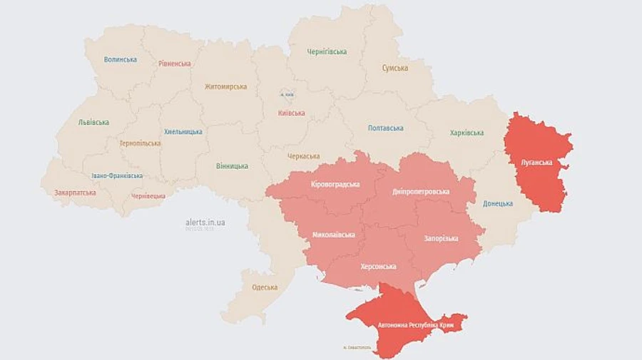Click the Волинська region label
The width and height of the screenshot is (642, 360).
click(x=120, y=60)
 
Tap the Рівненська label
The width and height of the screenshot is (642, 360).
click(x=175, y=63)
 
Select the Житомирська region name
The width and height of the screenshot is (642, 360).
click(x=225, y=87)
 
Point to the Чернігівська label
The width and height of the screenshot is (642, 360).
click(x=327, y=52)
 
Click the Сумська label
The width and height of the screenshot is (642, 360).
click(x=395, y=68)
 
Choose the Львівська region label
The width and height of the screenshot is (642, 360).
click(x=93, y=122)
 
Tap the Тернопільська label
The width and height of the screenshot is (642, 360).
click(x=140, y=143)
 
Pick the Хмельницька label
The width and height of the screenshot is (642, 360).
click(x=183, y=132)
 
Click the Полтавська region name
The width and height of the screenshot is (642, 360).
click(x=385, y=128)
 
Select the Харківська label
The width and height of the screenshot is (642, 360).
click(x=467, y=133)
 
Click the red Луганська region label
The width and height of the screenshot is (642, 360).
click(x=537, y=163)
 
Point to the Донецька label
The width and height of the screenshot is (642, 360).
click(x=497, y=204)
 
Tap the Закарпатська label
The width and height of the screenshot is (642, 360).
click(x=75, y=192)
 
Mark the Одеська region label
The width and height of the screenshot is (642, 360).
click(x=265, y=287)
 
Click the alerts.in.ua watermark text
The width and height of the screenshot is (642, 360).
click(x=205, y=222)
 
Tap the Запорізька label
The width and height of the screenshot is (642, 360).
click(x=441, y=238)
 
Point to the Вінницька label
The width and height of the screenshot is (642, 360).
click(x=232, y=166)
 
